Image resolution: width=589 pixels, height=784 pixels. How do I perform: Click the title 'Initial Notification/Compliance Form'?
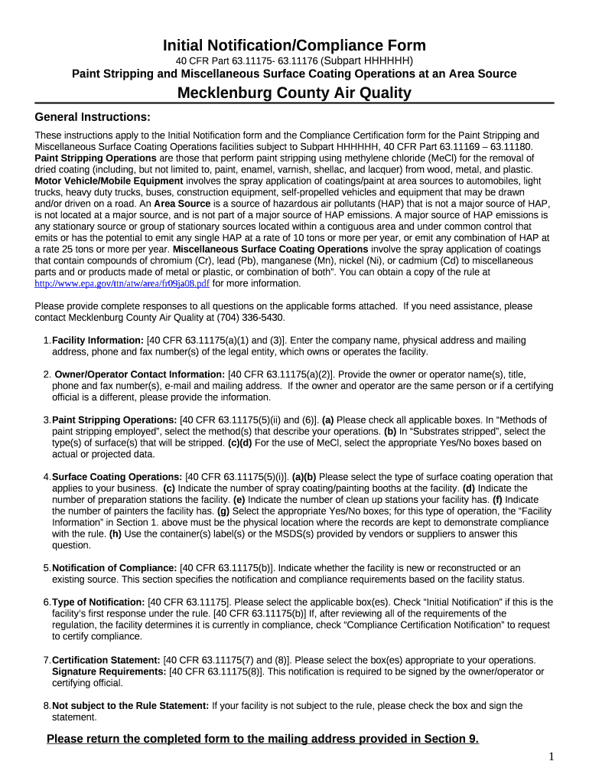coord(294,45)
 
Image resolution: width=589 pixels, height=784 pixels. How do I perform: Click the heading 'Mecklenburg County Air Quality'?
coord(294,93)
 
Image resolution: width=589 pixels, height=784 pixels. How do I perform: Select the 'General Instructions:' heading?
coord(93,117)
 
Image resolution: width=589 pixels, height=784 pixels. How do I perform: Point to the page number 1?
coord(551,756)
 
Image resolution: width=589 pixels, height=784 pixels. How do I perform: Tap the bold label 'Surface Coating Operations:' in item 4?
coord(117,477)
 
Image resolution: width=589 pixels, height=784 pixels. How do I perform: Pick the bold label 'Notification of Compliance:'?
coord(114,568)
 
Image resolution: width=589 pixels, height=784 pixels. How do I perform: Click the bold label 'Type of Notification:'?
coord(98,603)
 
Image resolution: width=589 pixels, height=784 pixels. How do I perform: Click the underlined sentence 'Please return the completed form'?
coord(262,739)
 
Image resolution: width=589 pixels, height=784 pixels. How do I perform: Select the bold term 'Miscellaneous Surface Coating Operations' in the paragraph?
coord(271,250)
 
